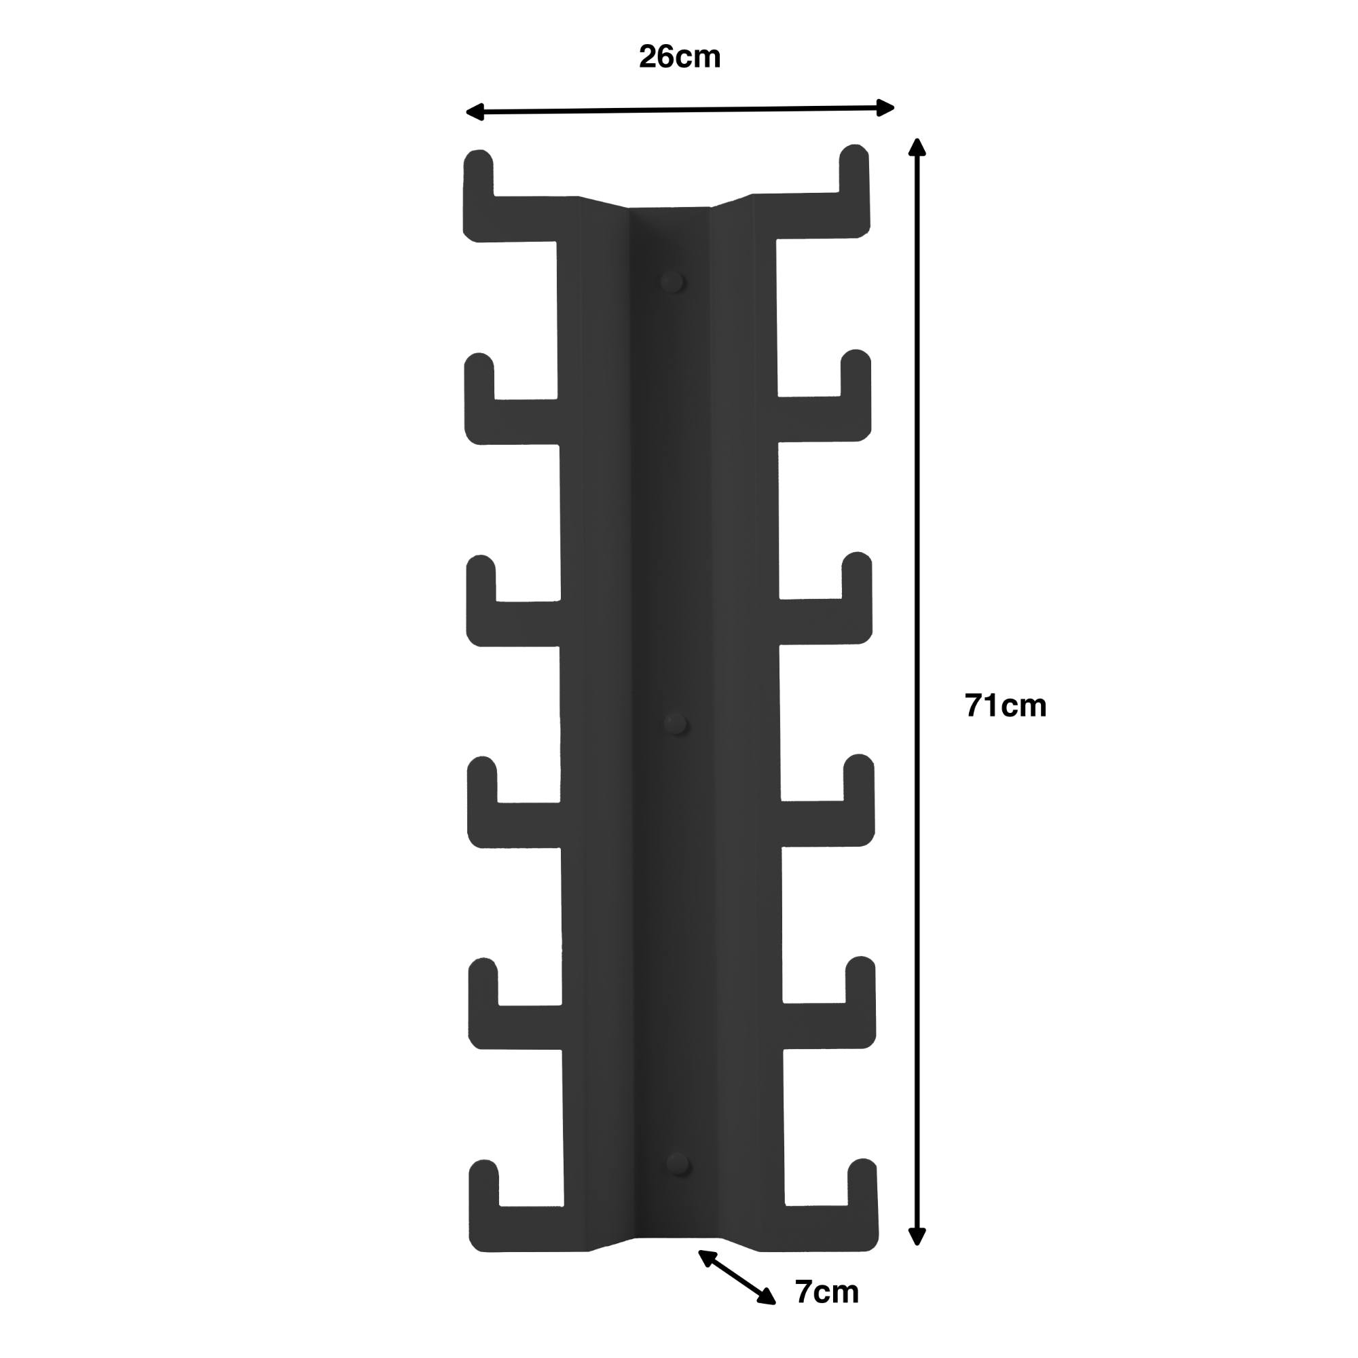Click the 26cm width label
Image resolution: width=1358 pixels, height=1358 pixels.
click(x=680, y=57)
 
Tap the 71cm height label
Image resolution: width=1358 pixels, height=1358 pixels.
click(x=1005, y=705)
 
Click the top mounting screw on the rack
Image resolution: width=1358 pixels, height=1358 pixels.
click(x=672, y=282)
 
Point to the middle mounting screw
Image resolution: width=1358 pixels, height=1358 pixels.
click(x=676, y=722)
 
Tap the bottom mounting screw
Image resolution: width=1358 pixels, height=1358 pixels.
click(x=679, y=1164)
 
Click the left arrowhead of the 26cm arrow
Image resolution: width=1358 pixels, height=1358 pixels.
click(x=475, y=112)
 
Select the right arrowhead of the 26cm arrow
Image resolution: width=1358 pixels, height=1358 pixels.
click(x=885, y=107)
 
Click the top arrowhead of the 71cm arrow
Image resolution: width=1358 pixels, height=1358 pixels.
click(x=917, y=146)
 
